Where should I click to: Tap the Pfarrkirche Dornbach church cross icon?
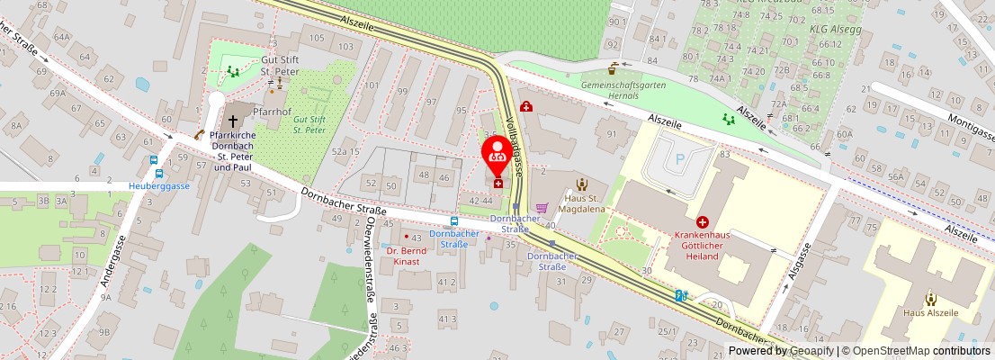point(232,120)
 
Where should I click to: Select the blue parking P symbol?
point(680,159)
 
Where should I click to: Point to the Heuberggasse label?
point(159,185)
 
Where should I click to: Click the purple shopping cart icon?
point(541,208)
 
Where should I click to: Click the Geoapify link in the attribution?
point(811,351)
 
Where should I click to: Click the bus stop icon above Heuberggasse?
point(158,173)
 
